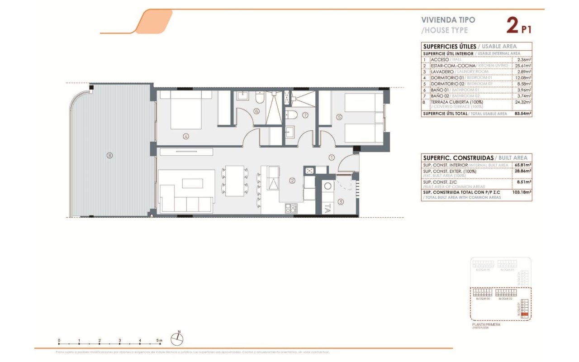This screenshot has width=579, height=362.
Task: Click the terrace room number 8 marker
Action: pos(109,156)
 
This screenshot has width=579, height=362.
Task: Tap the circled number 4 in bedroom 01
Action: pos(185,136)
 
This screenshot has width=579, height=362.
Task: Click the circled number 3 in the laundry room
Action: pos(341,202)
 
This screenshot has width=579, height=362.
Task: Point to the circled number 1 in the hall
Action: pos(331,158)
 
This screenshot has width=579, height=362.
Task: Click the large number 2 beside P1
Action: pos(512,25)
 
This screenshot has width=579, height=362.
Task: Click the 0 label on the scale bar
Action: pos(59,340)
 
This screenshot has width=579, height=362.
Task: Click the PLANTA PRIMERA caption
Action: pos(486,324)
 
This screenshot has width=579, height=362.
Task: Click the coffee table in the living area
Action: pos(193,183)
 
